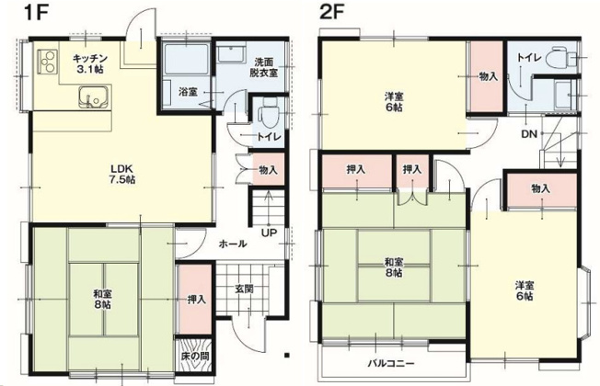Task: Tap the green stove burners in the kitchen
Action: click(48, 62)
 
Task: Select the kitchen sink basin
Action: click(92, 96)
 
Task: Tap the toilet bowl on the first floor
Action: click(268, 118)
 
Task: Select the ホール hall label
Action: click(231, 245)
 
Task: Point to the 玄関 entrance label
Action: click(244, 289)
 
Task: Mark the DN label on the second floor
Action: click(529, 133)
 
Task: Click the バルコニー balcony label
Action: click(392, 362)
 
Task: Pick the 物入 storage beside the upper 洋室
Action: click(489, 76)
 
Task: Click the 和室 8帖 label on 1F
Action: click(103, 301)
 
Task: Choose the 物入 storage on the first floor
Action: click(268, 170)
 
